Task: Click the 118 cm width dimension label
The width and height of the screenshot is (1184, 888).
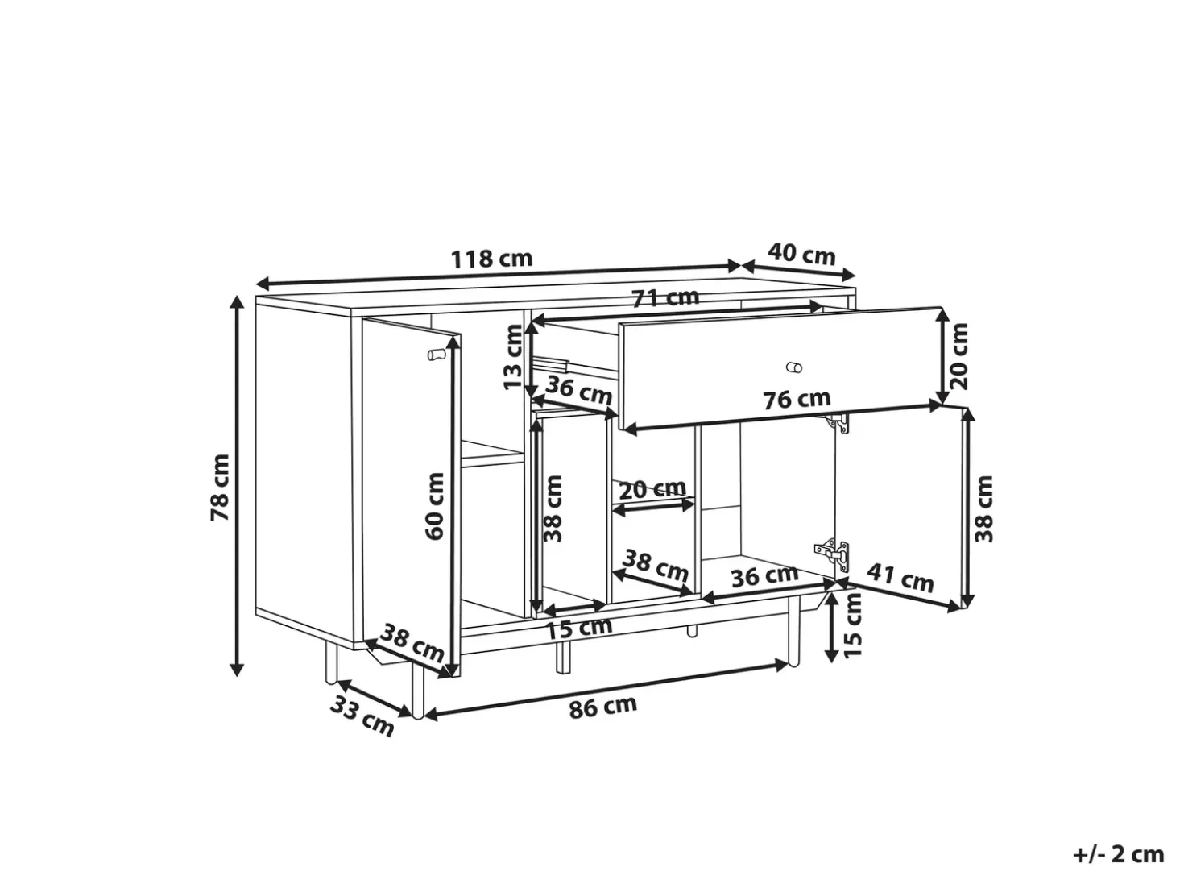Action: coord(491,259)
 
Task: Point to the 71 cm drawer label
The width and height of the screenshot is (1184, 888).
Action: coord(665,298)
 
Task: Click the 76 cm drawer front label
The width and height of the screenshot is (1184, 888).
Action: coord(797,399)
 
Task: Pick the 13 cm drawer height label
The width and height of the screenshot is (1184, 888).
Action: coord(512,357)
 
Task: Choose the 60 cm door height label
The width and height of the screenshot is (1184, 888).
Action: coord(435,506)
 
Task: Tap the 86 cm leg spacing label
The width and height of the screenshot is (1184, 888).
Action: coord(603,707)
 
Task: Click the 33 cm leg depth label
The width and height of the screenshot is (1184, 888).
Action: coord(362,716)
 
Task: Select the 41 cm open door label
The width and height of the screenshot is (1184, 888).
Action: coord(900,578)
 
